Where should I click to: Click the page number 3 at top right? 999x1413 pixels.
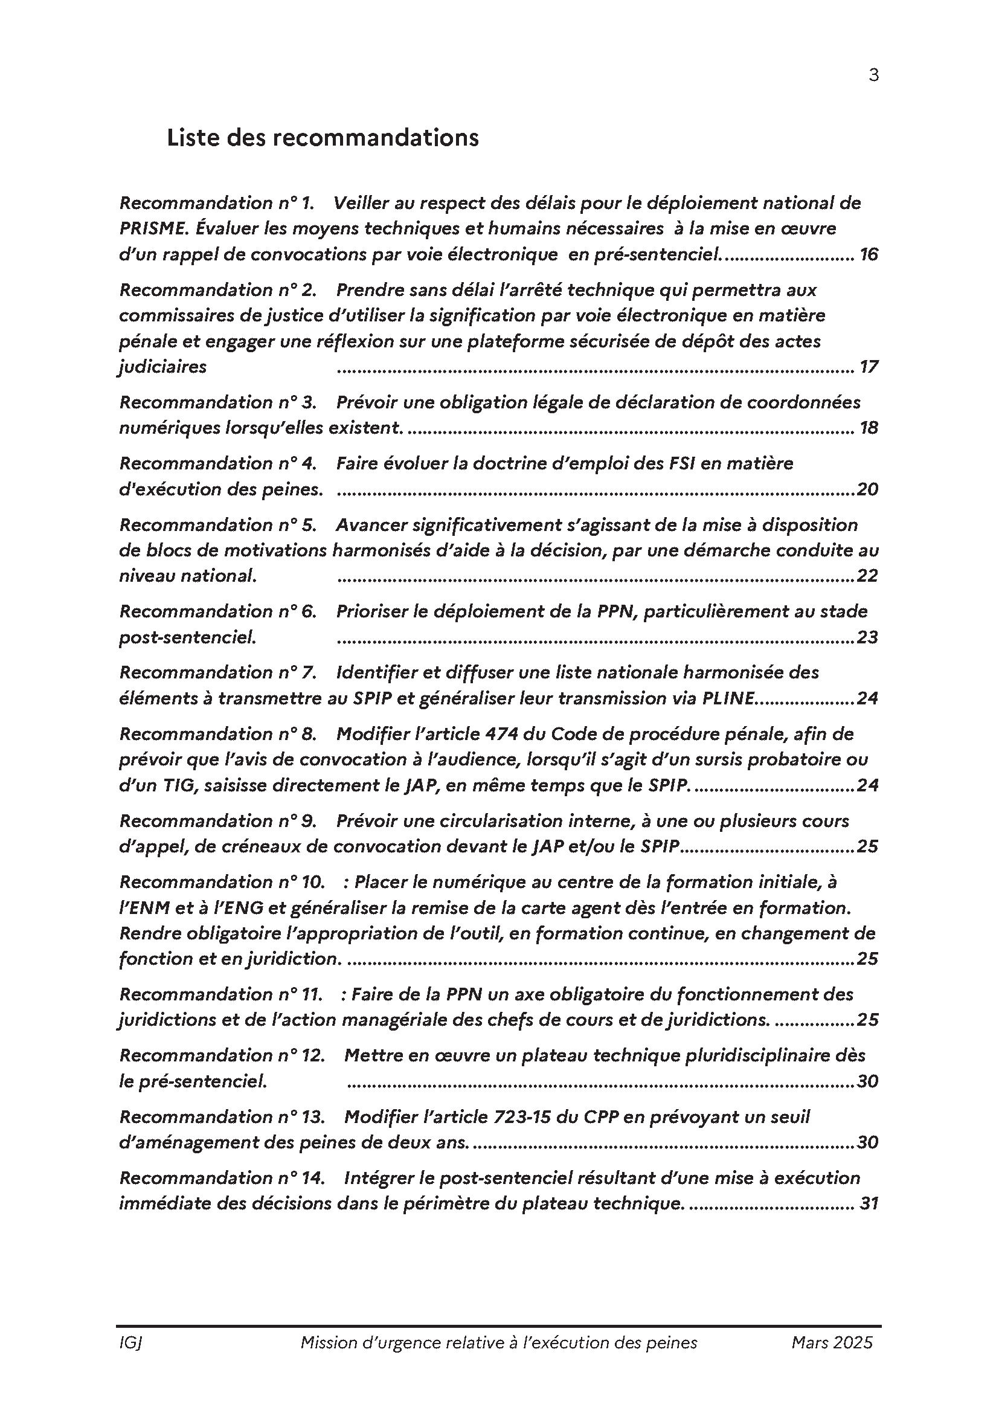[x=873, y=75]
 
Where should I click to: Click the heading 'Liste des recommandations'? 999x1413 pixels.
[x=323, y=137]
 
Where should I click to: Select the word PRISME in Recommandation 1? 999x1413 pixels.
[x=153, y=228]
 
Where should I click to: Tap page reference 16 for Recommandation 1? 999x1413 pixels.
[x=869, y=254]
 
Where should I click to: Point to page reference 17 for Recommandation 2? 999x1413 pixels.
[x=869, y=367]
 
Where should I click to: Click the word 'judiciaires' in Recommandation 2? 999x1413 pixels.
[x=163, y=367]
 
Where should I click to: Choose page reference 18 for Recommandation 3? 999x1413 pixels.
[x=869, y=428]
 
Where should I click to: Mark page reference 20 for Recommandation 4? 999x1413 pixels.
[x=867, y=489]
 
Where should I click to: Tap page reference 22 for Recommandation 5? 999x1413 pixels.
[x=867, y=576]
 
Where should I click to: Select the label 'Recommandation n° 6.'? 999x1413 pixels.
[x=218, y=611]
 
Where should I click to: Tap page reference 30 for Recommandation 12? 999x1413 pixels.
[x=867, y=1081]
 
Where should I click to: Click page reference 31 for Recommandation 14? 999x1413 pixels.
[x=869, y=1203]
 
